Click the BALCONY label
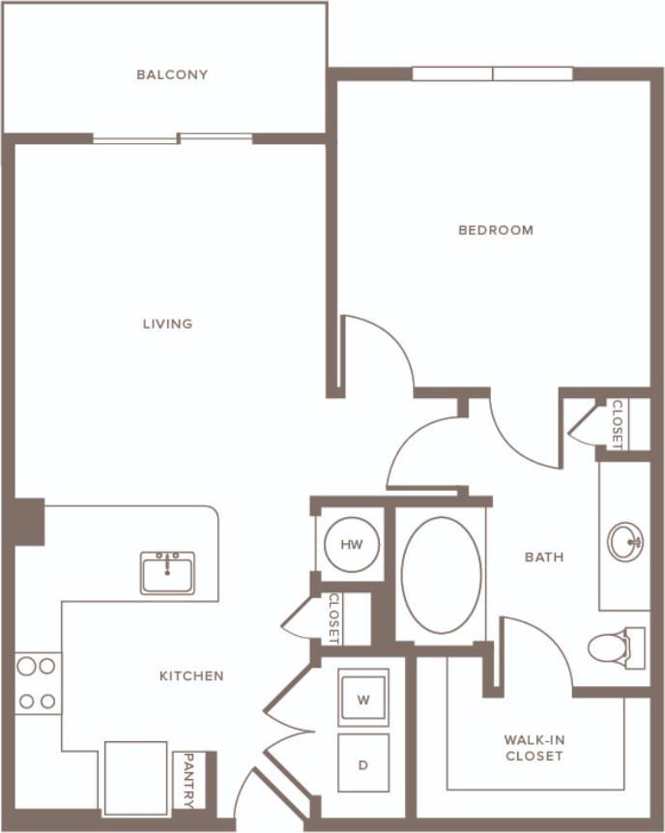[x=172, y=74]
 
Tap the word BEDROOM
[x=495, y=230]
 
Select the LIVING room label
[x=167, y=324]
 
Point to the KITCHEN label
[x=191, y=675]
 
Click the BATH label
[x=543, y=557]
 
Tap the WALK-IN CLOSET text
[x=534, y=748]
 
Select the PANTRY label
[x=188, y=780]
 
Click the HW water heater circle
[x=351, y=545]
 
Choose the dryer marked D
[x=363, y=764]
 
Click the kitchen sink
[x=167, y=573]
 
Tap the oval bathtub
[x=441, y=574]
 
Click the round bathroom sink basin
[x=625, y=541]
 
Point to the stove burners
[x=38, y=683]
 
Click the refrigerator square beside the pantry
[x=135, y=778]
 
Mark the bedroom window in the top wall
[x=493, y=73]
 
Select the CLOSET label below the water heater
[x=333, y=618]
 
